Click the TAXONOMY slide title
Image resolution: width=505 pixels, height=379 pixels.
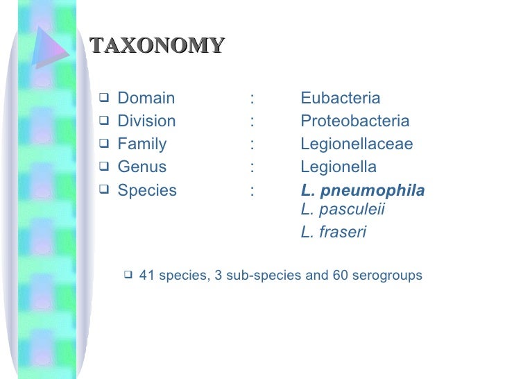point(157,46)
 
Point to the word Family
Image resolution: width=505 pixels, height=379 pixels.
point(142,144)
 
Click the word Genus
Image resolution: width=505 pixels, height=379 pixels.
point(142,167)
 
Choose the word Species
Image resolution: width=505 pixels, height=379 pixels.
point(147,191)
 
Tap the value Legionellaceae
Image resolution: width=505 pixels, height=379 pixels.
point(357,144)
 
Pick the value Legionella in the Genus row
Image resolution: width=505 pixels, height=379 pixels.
point(339,167)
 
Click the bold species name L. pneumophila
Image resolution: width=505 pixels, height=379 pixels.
point(363,191)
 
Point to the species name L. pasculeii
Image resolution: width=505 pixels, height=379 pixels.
point(343,210)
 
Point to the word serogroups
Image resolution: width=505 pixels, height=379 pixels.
point(387,276)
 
